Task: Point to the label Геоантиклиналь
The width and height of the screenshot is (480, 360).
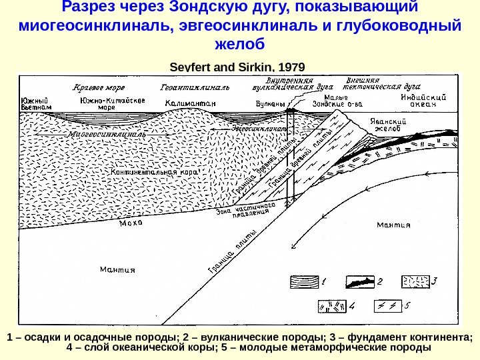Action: (195, 87)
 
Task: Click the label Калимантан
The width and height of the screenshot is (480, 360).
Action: (191, 104)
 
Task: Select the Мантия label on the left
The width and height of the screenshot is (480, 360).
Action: (117, 269)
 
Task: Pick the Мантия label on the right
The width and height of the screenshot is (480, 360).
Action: (393, 224)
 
